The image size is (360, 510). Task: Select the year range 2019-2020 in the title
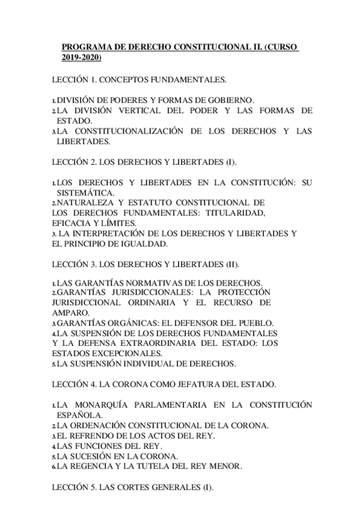pos(81,58)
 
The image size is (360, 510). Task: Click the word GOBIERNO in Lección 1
pos(231,100)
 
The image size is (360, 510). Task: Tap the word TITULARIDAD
pos(235,214)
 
